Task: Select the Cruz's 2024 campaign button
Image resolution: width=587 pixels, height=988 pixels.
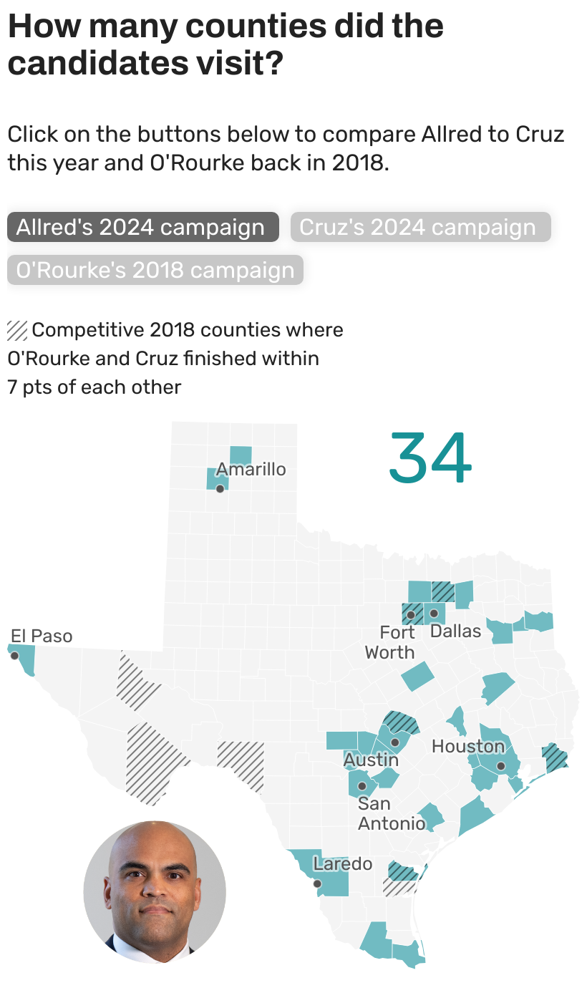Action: pyautogui.click(x=420, y=227)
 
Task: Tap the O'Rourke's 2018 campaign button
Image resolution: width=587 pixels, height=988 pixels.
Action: pyautogui.click(x=155, y=271)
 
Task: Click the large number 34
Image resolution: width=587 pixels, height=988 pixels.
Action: pyautogui.click(x=430, y=457)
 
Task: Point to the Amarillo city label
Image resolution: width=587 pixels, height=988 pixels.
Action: pyautogui.click(x=251, y=470)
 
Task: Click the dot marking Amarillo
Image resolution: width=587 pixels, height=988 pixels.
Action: pyautogui.click(x=220, y=489)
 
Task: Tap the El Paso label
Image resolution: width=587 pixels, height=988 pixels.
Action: pyautogui.click(x=42, y=636)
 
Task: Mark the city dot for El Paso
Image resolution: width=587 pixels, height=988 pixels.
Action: pyautogui.click(x=14, y=655)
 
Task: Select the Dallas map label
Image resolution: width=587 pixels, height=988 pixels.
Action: pyautogui.click(x=455, y=631)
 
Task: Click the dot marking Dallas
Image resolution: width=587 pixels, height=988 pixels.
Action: pyautogui.click(x=434, y=614)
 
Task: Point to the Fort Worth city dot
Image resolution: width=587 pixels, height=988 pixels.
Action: pyautogui.click(x=411, y=614)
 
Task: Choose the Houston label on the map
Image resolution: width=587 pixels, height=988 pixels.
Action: pyautogui.click(x=468, y=747)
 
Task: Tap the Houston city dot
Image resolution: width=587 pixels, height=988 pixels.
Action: pyautogui.click(x=501, y=766)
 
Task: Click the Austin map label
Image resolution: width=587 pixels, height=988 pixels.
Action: pyautogui.click(x=371, y=760)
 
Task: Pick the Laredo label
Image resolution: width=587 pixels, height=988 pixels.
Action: pyautogui.click(x=343, y=864)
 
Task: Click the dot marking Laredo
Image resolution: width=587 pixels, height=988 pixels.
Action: pyautogui.click(x=318, y=883)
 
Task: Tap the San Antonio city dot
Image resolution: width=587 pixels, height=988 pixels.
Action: pyautogui.click(x=362, y=786)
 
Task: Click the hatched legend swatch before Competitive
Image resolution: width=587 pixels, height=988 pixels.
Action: pyautogui.click(x=17, y=331)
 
